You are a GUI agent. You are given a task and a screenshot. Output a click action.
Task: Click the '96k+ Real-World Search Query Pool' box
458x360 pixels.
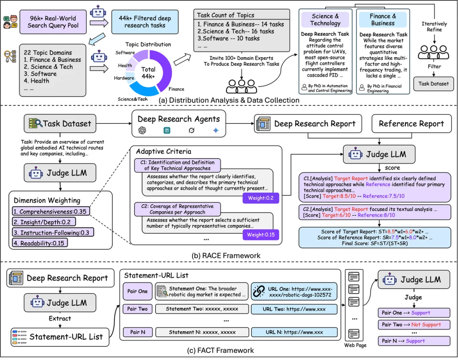pos(53,22)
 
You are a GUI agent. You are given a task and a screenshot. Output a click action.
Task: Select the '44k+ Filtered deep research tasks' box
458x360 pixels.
pos(145,22)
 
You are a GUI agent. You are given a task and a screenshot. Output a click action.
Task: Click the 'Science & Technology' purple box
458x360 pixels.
pos(325,20)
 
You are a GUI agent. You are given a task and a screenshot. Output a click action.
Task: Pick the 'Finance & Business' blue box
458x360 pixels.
pos(383,20)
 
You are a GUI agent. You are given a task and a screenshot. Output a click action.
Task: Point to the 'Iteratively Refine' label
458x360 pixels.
pos(434,27)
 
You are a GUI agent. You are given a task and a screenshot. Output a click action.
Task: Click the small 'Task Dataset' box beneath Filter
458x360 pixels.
pos(433,84)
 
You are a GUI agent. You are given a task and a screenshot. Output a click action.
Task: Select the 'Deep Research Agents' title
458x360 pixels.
pos(179,119)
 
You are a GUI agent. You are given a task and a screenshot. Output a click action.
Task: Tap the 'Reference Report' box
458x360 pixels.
pos(411,124)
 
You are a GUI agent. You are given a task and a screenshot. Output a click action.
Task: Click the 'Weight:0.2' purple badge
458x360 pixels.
pos(261,198)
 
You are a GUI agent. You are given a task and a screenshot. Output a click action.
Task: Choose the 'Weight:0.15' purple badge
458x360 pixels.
pos(261,234)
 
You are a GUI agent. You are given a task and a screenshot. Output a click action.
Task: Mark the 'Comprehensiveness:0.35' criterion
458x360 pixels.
pos(50,212)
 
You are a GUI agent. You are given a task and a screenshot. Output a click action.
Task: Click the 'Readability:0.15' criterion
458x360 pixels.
pos(39,243)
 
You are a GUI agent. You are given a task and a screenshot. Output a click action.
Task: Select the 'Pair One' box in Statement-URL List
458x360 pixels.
pos(137,291)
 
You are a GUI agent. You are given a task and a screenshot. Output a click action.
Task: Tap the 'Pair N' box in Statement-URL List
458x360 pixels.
pos(137,332)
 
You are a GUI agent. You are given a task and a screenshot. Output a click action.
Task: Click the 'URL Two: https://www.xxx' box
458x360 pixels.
pos(294,309)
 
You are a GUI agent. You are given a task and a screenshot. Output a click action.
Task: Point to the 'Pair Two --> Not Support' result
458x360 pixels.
pos(413,325)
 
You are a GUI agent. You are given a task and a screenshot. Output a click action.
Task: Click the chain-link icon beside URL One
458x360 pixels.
pos(259,291)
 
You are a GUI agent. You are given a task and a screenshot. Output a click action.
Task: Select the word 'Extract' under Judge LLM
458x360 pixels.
pos(60,318)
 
